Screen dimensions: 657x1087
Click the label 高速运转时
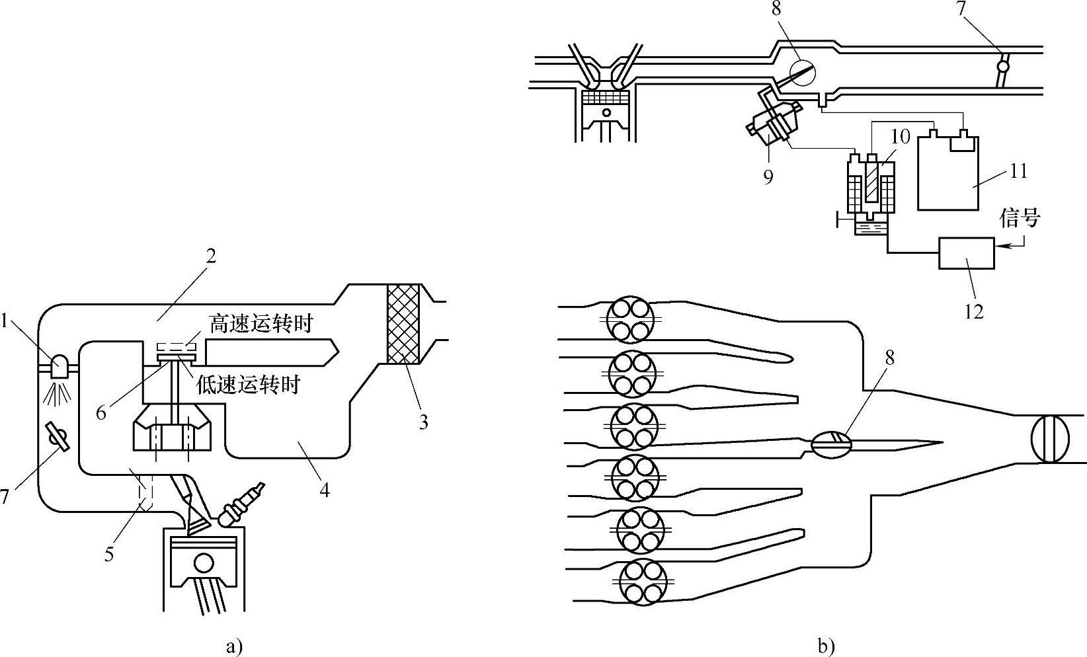click(x=261, y=324)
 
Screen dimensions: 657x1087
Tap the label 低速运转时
click(x=248, y=384)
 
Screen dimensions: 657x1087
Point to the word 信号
click(x=1020, y=218)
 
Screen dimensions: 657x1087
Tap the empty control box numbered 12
click(x=967, y=253)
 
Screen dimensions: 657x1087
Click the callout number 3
click(x=423, y=421)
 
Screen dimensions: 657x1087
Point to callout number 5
click(x=108, y=553)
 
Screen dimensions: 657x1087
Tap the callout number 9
click(x=768, y=177)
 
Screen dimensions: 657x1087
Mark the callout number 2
click(x=210, y=256)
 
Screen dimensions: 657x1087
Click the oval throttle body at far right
click(x=1049, y=438)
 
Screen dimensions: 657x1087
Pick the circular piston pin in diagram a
click(x=204, y=562)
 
